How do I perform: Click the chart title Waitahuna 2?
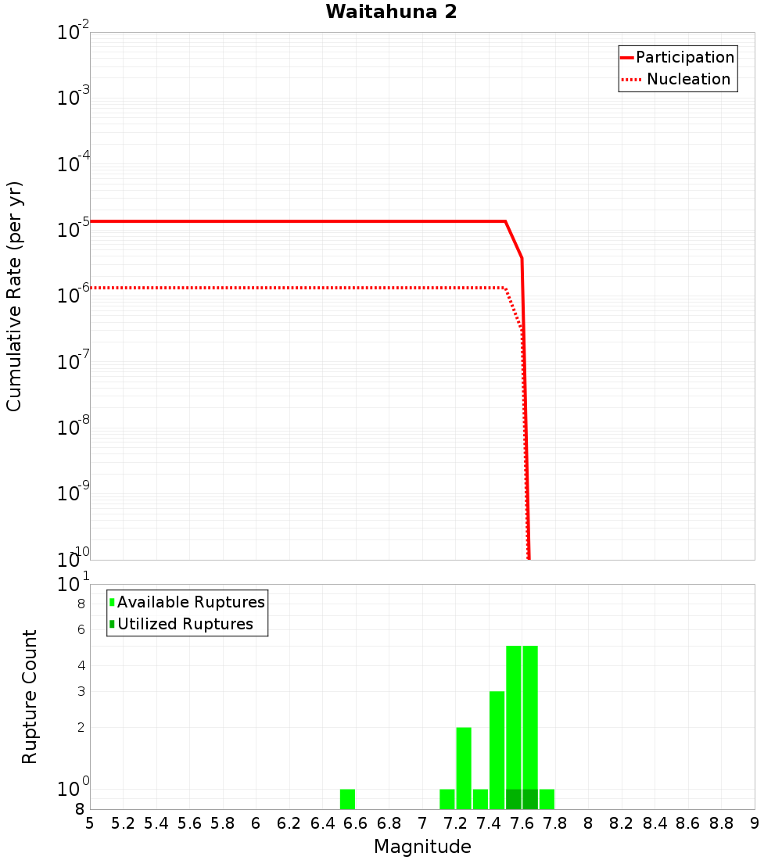(391, 12)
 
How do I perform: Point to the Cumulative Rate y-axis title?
(14, 296)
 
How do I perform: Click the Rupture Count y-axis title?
(30, 697)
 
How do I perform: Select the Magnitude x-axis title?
(422, 847)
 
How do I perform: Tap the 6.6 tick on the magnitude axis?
(356, 823)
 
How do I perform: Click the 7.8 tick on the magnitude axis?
(555, 823)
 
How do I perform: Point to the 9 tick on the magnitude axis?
(755, 823)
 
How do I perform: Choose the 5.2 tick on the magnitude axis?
(124, 823)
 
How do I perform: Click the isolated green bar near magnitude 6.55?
(347, 799)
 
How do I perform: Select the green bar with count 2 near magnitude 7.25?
(464, 768)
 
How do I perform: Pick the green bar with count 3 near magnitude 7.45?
(497, 750)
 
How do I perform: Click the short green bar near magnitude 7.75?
(547, 799)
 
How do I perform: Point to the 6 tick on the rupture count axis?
(81, 630)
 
